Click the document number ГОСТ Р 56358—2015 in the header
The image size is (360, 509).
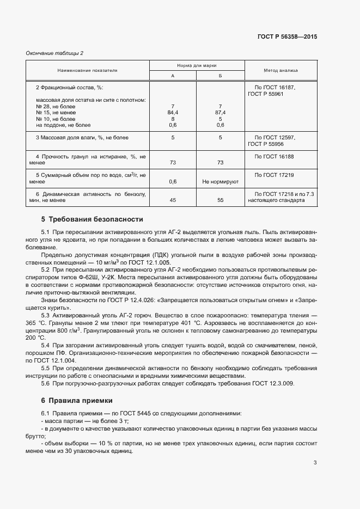point(287,37)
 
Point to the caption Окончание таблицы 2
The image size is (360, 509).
point(54,53)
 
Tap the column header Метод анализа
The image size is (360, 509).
point(280,71)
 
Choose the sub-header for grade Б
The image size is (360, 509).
point(221,76)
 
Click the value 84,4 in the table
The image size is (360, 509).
point(173,112)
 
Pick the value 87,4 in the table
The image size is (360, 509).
point(221,112)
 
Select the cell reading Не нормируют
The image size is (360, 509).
point(221,181)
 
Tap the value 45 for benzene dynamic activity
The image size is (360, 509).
point(173,200)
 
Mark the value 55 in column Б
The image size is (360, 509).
point(221,200)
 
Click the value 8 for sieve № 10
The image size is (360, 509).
point(173,118)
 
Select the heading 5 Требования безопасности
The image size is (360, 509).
point(92,219)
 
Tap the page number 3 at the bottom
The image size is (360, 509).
point(315,463)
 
